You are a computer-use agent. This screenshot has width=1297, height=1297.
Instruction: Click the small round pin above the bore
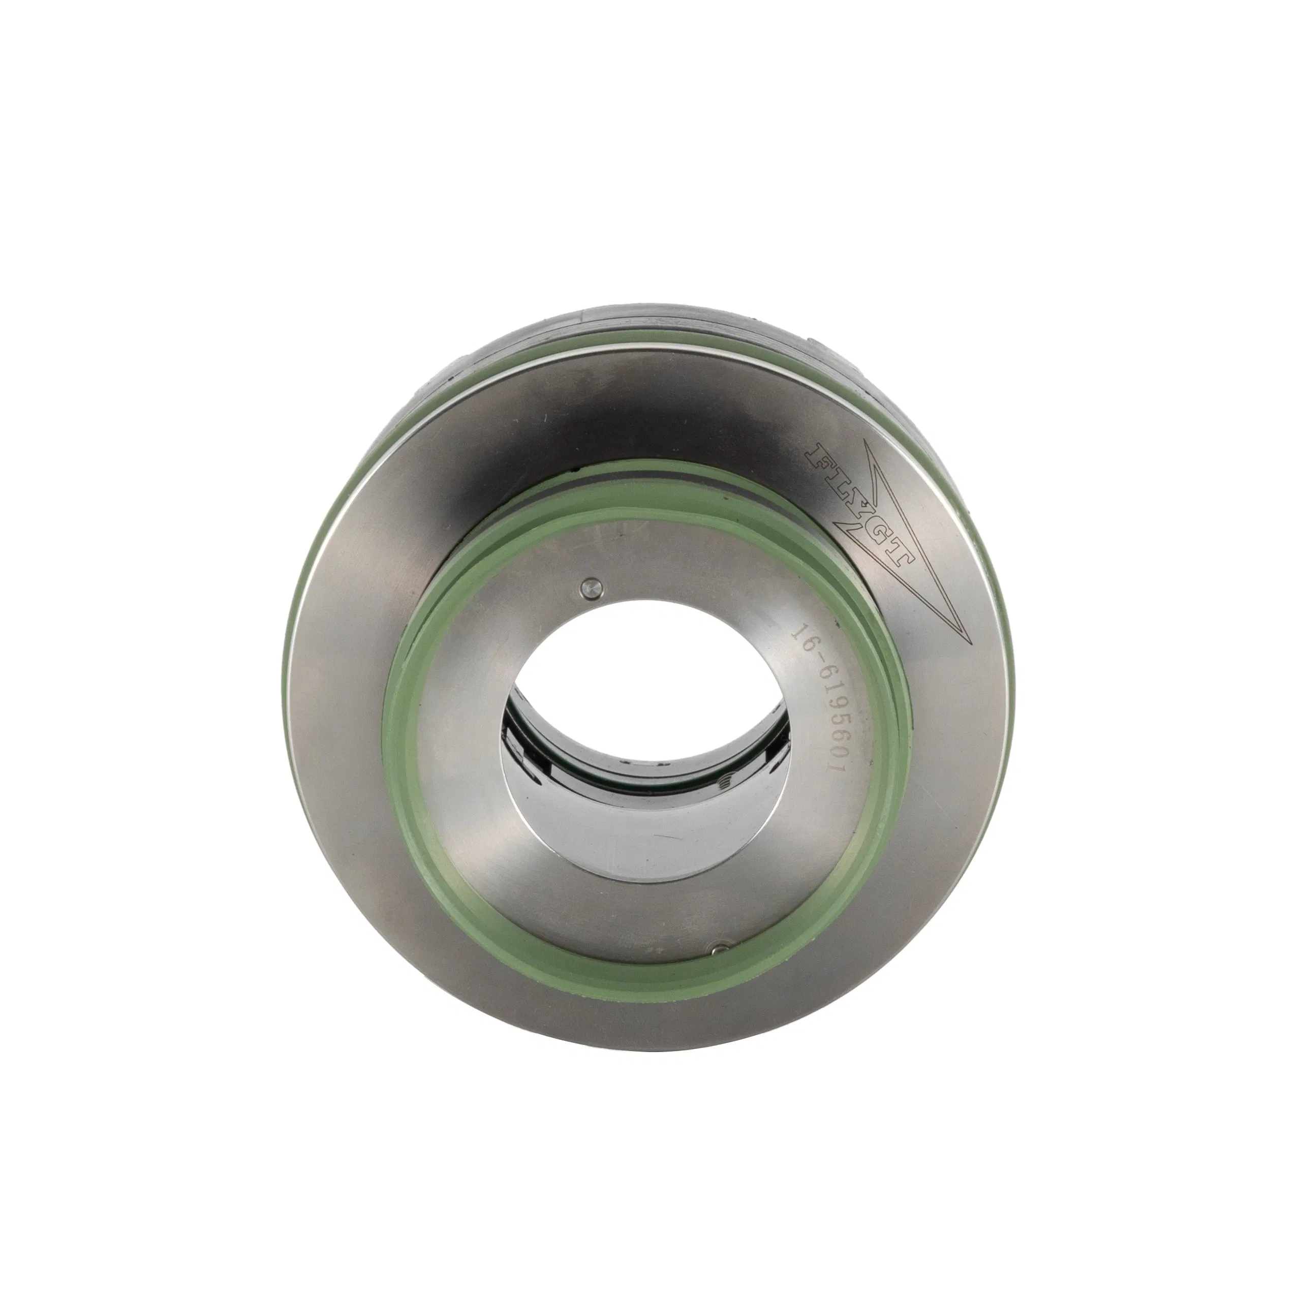[x=591, y=588]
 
